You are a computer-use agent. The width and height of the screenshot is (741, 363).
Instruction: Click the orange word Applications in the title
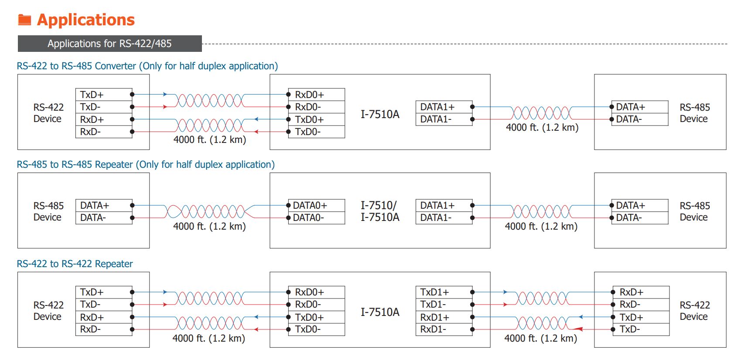(x=86, y=20)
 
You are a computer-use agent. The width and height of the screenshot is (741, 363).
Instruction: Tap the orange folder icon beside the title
(x=24, y=20)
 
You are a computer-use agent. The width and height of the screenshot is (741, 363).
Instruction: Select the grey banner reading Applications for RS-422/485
(x=109, y=44)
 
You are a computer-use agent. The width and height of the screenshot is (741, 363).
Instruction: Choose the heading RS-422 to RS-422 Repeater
(x=75, y=264)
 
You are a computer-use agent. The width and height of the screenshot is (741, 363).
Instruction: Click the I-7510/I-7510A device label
(x=379, y=211)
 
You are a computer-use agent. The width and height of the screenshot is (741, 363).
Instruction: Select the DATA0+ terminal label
(x=310, y=206)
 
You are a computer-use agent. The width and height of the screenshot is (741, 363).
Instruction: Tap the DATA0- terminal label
(x=308, y=217)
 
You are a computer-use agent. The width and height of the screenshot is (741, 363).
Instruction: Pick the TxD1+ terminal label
(x=434, y=292)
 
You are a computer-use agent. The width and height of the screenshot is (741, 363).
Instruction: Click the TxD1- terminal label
(x=433, y=304)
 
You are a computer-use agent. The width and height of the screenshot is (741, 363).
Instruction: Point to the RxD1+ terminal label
(x=434, y=317)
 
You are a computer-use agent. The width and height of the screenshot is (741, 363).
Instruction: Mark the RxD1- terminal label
(x=433, y=329)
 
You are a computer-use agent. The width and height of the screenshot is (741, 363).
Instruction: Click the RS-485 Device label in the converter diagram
(x=694, y=113)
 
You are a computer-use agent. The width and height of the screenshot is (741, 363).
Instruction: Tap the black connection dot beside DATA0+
(x=288, y=205)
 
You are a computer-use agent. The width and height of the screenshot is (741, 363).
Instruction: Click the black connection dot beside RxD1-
(x=472, y=329)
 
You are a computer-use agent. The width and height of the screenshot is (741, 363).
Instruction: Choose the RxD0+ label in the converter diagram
(x=309, y=95)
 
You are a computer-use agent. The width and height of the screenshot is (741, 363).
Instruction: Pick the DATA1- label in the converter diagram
(x=436, y=119)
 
